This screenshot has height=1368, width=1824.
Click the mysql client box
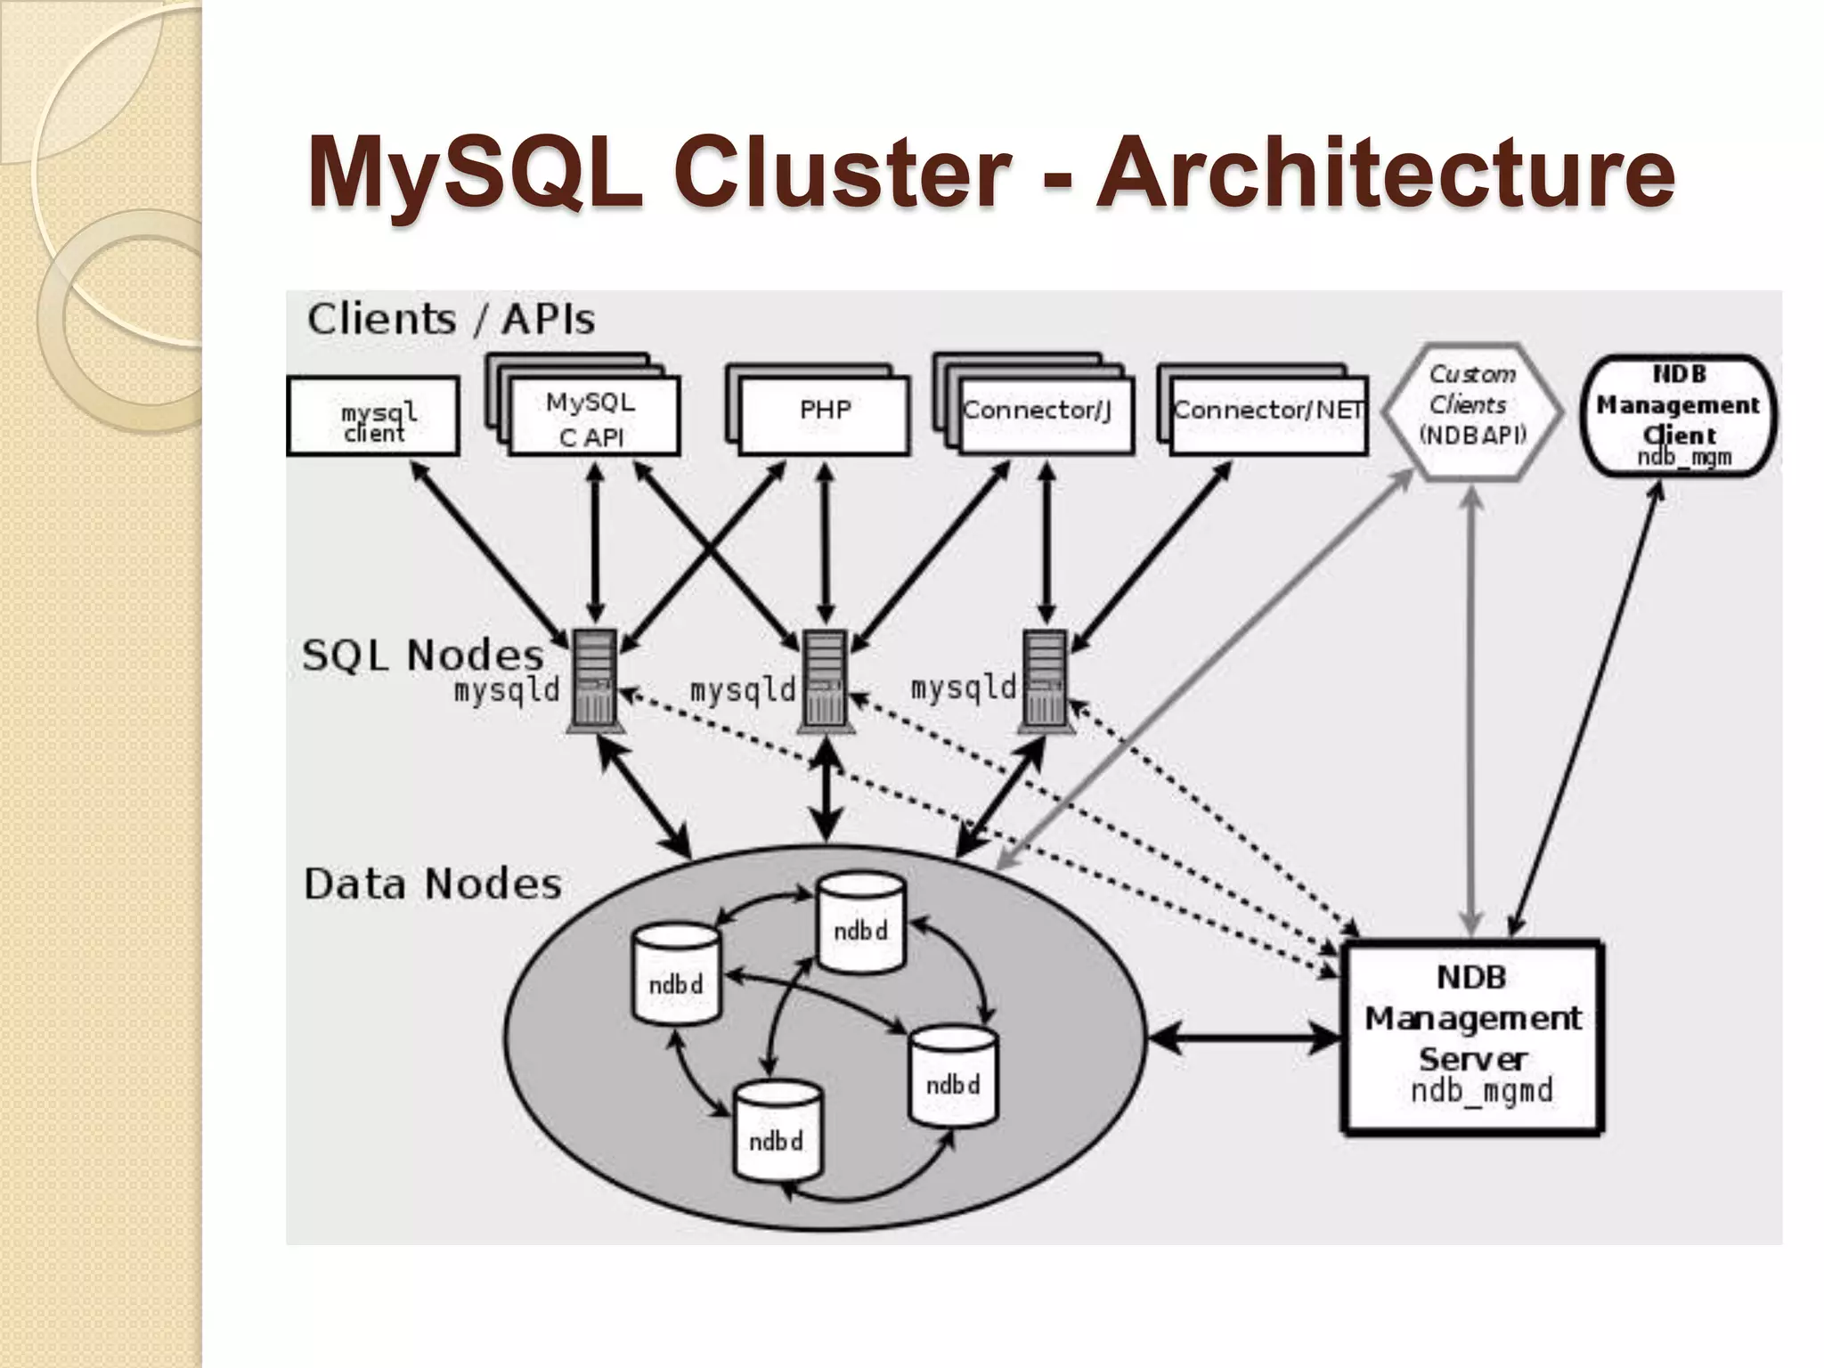[373, 417]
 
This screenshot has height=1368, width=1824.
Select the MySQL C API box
[593, 419]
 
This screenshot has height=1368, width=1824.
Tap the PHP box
[824, 415]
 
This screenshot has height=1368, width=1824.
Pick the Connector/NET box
[1267, 415]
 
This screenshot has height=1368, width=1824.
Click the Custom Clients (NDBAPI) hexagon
[1472, 411]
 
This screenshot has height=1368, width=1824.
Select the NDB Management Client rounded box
[1678, 415]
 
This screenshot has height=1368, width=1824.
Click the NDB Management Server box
[1473, 1038]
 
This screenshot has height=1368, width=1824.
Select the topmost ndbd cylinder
[861, 923]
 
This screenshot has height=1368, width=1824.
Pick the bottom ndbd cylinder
[777, 1133]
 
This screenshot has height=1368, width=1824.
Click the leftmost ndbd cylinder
[676, 976]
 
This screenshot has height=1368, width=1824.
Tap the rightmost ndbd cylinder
[953, 1076]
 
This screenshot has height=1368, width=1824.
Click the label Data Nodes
[433, 884]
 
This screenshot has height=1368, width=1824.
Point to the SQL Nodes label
[422, 655]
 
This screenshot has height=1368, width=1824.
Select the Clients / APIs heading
[451, 319]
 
